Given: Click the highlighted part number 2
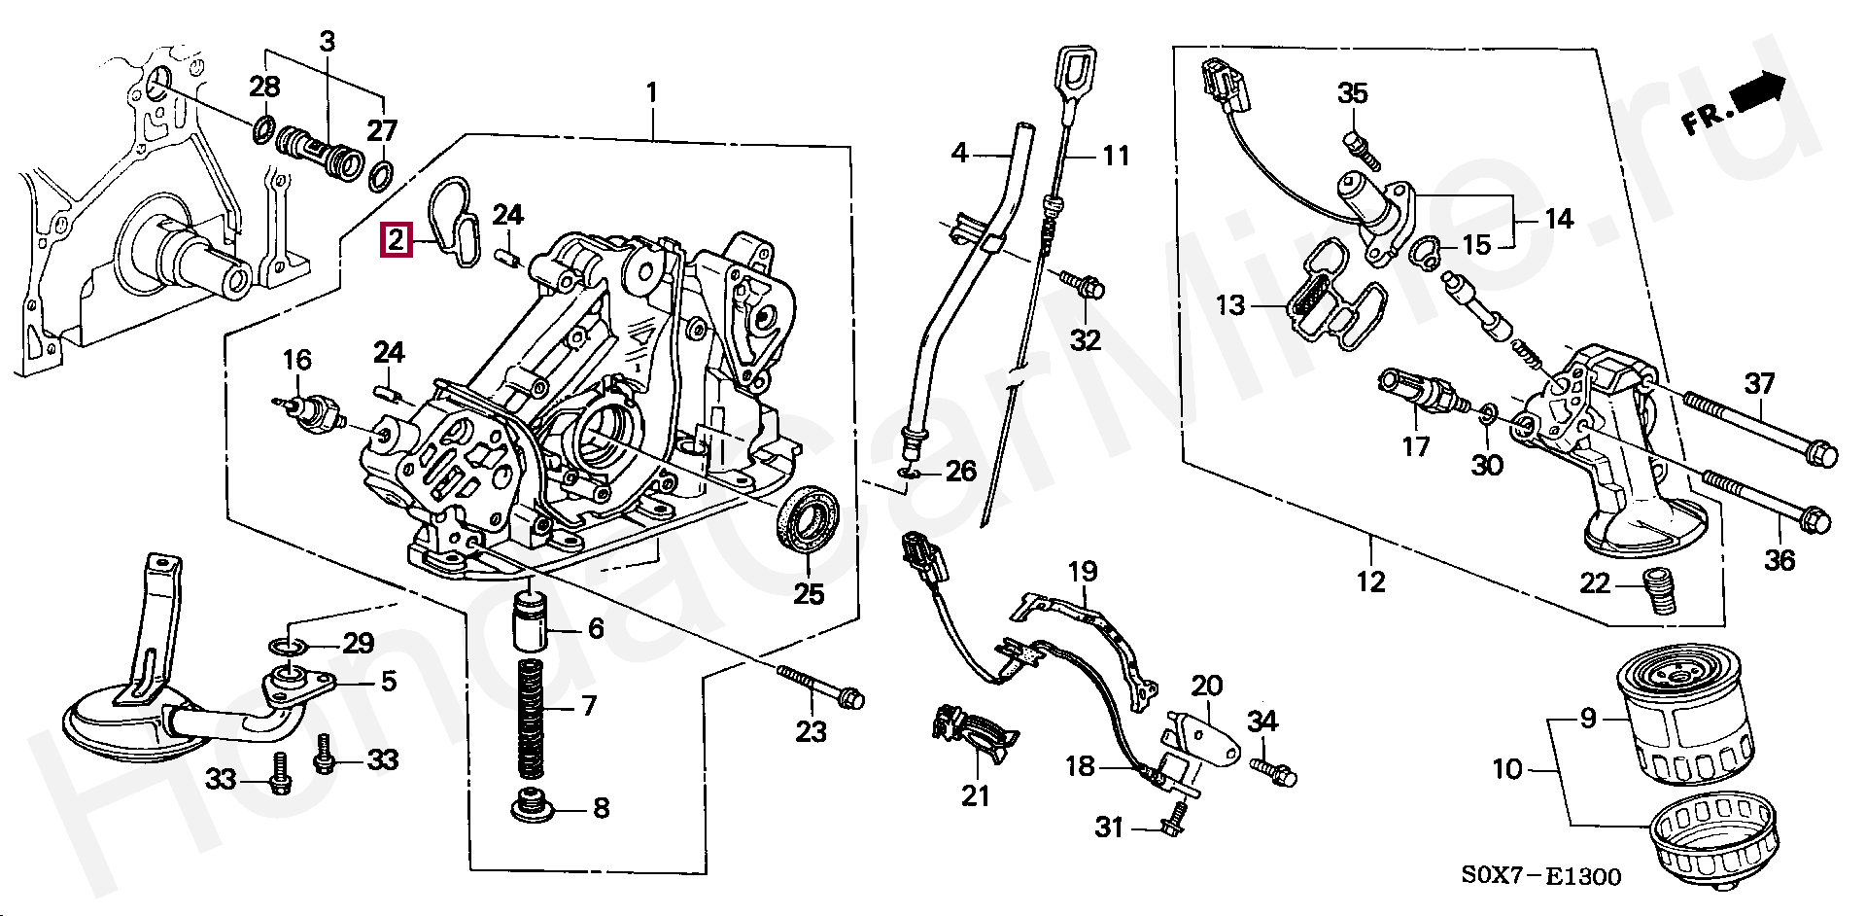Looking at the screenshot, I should point(397,239).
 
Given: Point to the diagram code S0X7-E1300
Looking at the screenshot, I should point(1541,877).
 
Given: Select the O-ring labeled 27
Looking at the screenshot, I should point(383,175).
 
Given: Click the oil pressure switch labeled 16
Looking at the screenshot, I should point(316,414).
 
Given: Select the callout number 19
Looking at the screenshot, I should point(1082,572).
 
